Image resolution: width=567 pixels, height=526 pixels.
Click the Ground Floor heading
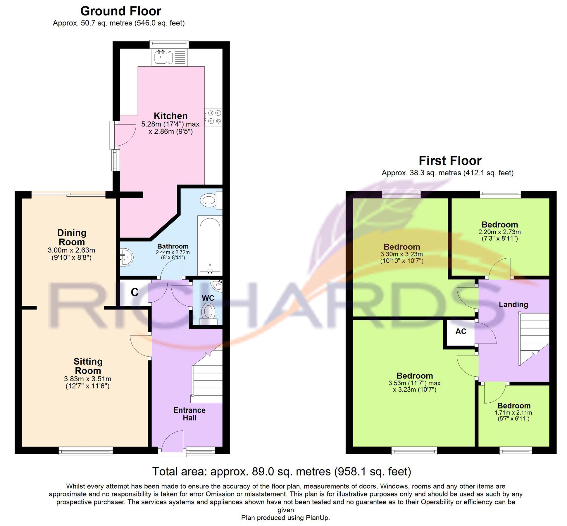tap(120, 11)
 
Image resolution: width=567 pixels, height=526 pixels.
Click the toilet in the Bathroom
tap(210, 200)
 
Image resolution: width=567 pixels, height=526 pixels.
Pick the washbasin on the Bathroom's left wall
tap(127, 257)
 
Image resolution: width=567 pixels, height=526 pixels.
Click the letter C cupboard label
tap(135, 292)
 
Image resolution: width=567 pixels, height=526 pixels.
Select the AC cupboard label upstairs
tap(461, 331)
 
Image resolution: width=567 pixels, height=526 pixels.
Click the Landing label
tap(513, 304)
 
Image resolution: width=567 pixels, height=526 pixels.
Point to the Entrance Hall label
tap(189, 414)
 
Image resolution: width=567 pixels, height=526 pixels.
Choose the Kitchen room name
tap(170, 116)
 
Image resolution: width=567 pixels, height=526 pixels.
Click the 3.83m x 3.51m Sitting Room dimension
tap(87, 379)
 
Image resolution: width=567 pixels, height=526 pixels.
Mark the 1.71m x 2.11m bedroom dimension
tap(513, 413)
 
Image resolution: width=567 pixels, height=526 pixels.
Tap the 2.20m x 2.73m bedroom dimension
tap(499, 232)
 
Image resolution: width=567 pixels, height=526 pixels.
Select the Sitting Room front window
tap(86, 451)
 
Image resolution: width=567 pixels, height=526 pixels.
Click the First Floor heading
tap(450, 161)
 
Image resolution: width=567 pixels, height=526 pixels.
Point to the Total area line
tap(282, 472)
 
